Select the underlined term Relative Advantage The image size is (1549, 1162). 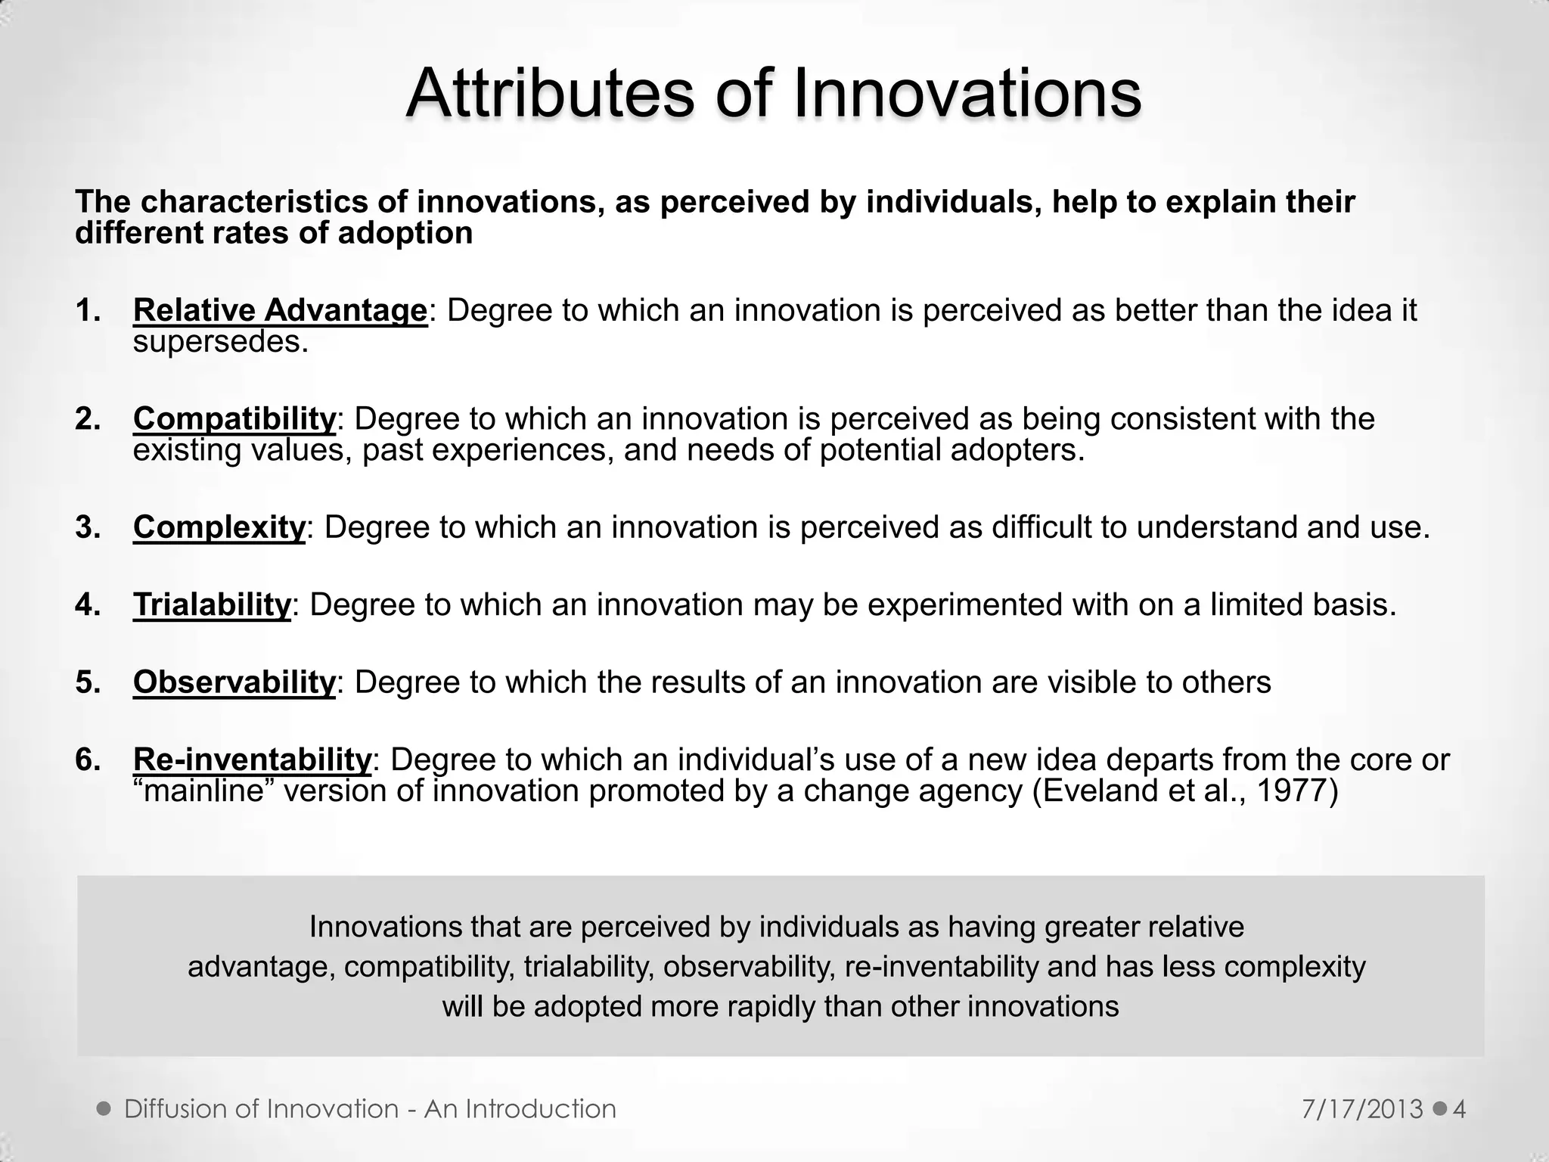click(280, 310)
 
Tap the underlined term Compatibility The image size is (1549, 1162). click(234, 418)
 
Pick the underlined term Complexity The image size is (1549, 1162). click(219, 527)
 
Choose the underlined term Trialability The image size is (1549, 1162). click(212, 604)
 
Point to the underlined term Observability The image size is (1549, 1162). click(234, 682)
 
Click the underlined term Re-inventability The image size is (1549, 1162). click(252, 759)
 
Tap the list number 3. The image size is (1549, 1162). click(87, 527)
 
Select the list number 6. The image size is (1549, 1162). click(87, 759)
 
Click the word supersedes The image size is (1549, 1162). click(221, 342)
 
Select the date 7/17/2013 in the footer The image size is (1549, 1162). click(1363, 1109)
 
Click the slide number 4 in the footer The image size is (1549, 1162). click(1459, 1109)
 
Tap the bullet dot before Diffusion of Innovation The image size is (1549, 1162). click(104, 1109)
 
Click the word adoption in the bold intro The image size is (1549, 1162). click(405, 233)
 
